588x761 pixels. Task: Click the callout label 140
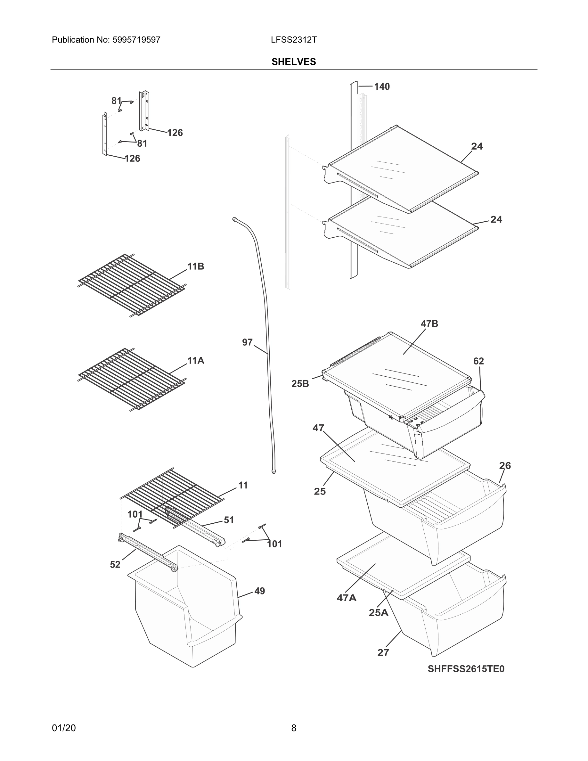382,86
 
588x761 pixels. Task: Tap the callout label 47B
429,324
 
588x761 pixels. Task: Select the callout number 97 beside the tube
247,342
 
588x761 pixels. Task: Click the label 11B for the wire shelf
196,266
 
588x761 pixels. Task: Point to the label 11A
196,361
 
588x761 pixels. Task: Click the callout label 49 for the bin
259,591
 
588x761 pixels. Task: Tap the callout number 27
383,653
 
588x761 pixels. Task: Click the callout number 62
478,361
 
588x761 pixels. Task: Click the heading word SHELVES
294,62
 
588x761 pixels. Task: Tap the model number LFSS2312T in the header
294,40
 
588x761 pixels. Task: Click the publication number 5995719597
136,40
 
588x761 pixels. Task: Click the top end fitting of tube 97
234,219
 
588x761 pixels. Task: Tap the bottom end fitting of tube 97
274,471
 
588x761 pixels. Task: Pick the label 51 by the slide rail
229,520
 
